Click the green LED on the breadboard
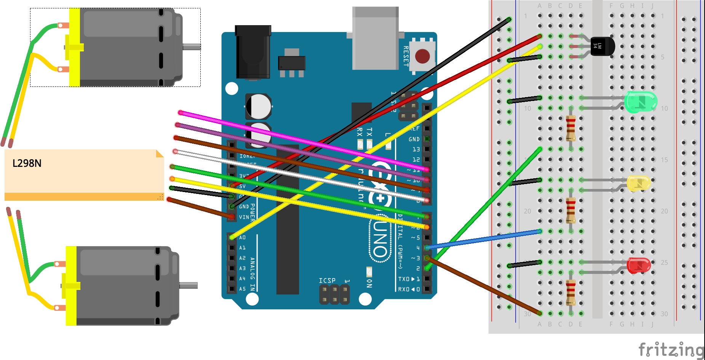pos(641,102)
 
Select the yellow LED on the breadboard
pos(639,183)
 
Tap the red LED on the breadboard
pos(639,266)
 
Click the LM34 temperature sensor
pos(601,46)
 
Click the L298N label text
pos(27,163)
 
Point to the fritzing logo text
pos(671,350)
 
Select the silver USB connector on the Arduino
pos(375,38)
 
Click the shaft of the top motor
pos(192,47)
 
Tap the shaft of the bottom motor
pos(188,285)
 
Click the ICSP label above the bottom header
pos(327,281)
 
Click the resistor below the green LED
pos(571,128)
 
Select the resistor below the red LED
pos(571,293)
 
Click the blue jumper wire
pos(484,239)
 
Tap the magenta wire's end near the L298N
pos(181,113)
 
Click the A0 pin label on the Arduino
pos(242,238)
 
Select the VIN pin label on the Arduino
pos(244,217)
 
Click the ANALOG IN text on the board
pos(253,274)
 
